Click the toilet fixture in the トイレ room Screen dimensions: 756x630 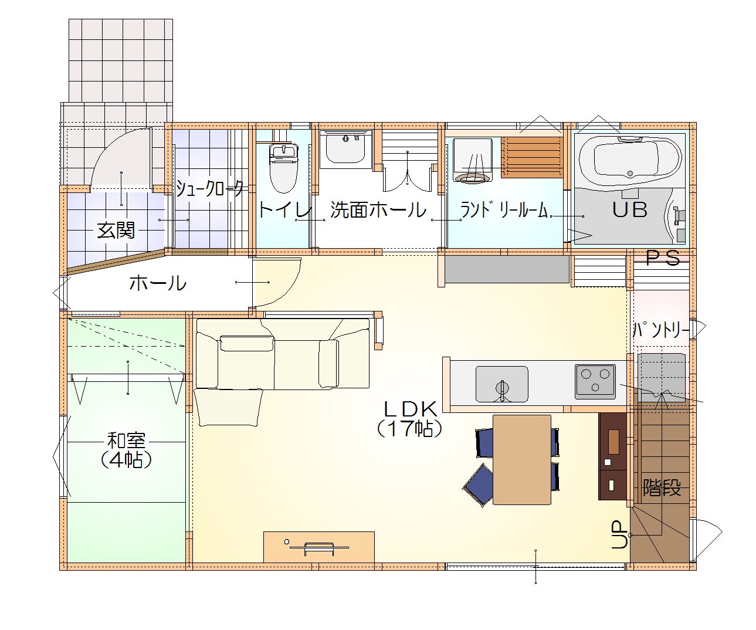point(284,168)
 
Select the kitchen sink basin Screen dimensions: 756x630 point(501,384)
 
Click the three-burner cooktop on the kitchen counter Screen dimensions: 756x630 point(595,382)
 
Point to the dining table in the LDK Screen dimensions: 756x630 point(522,459)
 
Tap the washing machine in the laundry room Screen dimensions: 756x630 point(473,160)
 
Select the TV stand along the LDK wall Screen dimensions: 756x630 point(318,547)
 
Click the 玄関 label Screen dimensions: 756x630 point(116,231)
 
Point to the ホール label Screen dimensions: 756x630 point(158,283)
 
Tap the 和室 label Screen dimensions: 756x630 point(126,441)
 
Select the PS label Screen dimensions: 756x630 point(663,258)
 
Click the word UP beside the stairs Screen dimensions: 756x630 point(619,534)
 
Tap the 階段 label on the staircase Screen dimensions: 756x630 point(662,487)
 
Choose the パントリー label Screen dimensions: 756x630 point(660,330)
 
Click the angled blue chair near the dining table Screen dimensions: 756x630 point(479,485)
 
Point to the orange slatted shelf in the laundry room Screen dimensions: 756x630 point(532,157)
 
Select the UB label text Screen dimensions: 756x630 point(630,209)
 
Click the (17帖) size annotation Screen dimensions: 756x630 point(410,429)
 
